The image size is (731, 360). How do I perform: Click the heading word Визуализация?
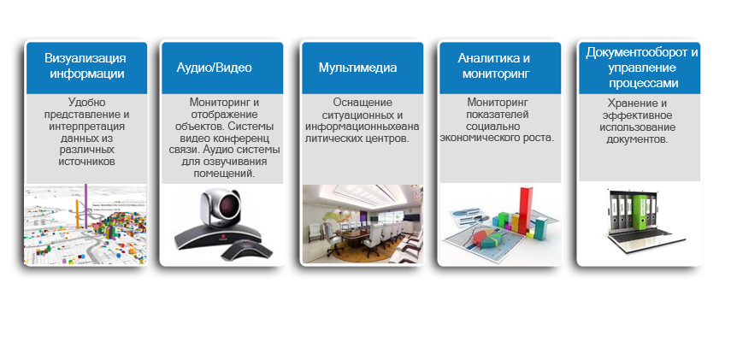coord(85,58)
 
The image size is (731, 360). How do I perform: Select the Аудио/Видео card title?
coord(214,68)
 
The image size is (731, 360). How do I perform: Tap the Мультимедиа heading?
coord(357,68)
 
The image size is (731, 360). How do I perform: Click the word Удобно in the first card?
coord(86,102)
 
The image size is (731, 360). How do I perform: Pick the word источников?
coord(86,162)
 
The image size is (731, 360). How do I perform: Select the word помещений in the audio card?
coord(224,174)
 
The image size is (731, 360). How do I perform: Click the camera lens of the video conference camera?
coord(228,205)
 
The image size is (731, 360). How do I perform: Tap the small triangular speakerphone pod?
coord(246,251)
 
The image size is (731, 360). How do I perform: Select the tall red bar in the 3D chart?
coord(526,210)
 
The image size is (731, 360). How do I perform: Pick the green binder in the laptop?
coord(640,214)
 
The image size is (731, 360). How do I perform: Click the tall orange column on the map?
coord(78,215)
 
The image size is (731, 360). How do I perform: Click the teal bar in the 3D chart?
coord(540,229)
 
